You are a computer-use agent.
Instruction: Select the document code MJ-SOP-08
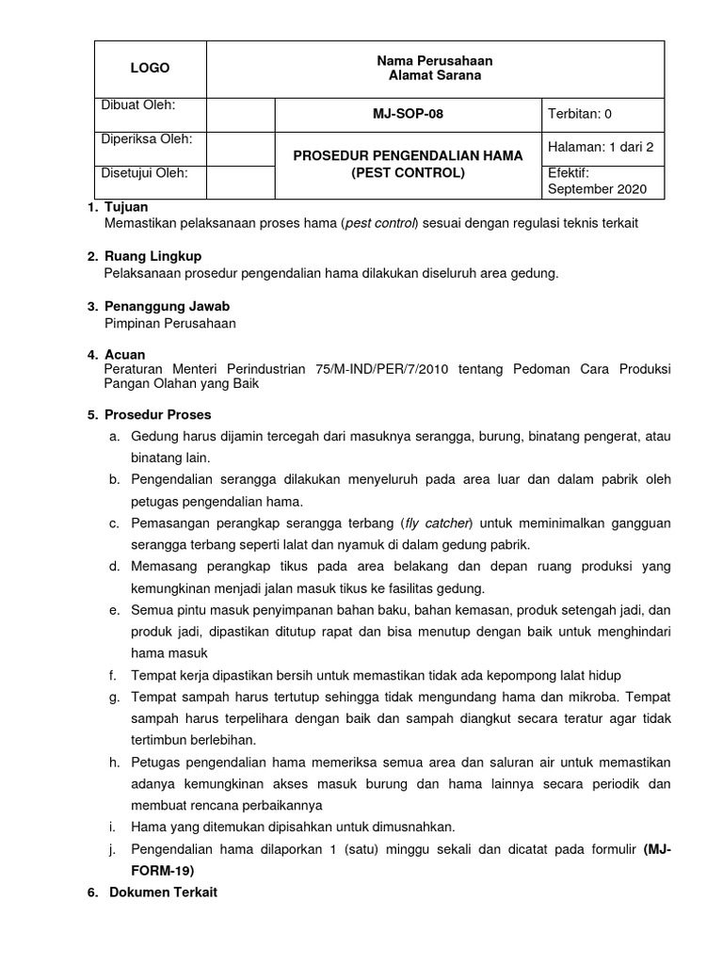(x=408, y=114)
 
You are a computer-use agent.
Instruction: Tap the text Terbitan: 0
(x=580, y=114)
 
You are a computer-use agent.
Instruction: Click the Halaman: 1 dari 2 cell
(x=600, y=147)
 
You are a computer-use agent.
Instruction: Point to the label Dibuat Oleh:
(x=137, y=104)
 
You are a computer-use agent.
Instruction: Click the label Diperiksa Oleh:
(x=146, y=138)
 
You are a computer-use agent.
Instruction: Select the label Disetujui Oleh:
(x=144, y=172)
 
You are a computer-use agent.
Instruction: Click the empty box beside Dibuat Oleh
(x=240, y=114)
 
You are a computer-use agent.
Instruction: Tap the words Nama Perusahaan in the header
(x=434, y=60)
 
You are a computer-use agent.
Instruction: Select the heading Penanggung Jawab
(x=167, y=306)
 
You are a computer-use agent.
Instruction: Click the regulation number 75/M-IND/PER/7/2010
(x=380, y=370)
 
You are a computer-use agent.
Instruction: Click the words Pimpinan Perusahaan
(x=170, y=323)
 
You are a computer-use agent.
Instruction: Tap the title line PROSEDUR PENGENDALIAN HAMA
(x=408, y=155)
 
